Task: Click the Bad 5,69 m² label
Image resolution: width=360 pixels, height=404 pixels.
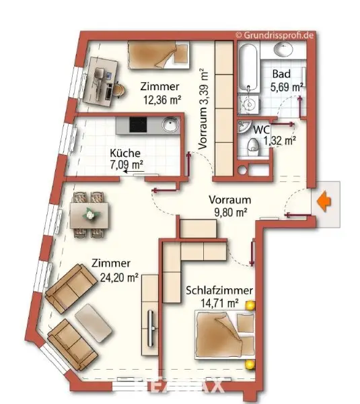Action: tap(286, 81)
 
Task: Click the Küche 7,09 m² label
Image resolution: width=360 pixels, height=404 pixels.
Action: tap(127, 158)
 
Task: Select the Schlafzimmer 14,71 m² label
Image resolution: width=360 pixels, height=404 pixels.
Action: tap(219, 296)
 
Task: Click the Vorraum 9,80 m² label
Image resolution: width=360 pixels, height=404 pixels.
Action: tap(229, 205)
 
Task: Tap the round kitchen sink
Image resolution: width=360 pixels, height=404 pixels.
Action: tap(169, 125)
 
